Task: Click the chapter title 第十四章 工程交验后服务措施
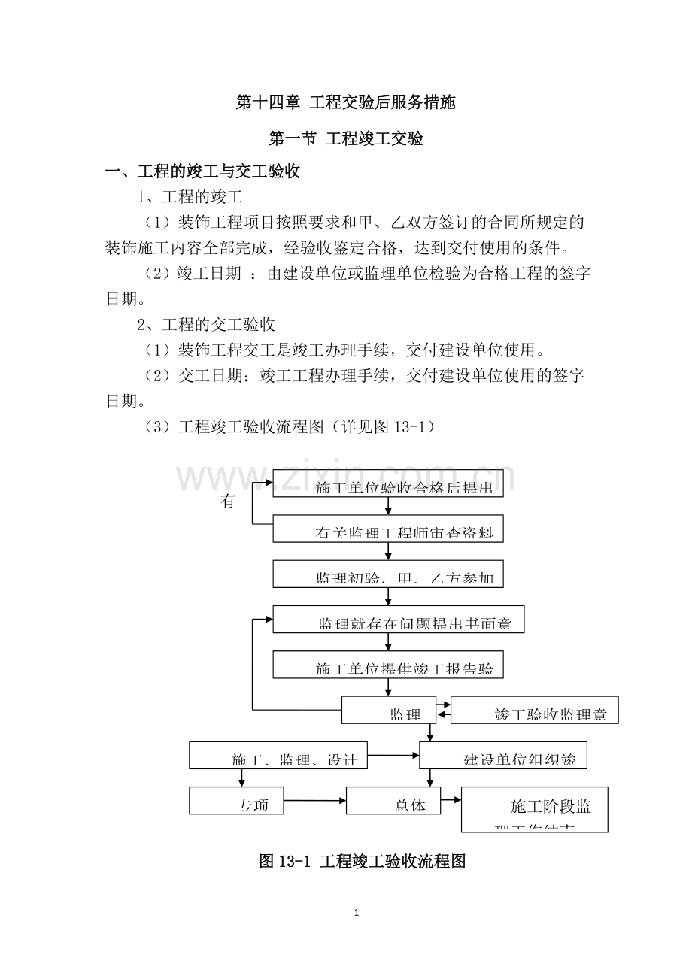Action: coord(346,103)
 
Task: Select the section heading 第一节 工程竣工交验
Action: coord(346,139)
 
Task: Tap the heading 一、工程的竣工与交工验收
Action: coord(203,172)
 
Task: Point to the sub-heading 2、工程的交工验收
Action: coord(205,325)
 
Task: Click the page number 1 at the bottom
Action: coord(357,913)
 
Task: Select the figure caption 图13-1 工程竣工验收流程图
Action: coord(363,862)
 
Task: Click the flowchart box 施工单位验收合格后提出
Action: coord(388,483)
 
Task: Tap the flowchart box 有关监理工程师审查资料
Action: coord(388,529)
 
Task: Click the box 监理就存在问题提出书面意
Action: coord(398,619)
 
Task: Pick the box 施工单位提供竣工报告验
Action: coord(388,665)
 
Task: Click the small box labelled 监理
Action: coord(388,710)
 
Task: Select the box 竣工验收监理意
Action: coord(534,710)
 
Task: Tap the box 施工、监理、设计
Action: coord(278,755)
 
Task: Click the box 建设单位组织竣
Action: coord(502,755)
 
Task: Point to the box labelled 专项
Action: coord(237,800)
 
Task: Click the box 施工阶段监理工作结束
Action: coord(534,809)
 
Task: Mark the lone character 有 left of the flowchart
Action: coord(228,502)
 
